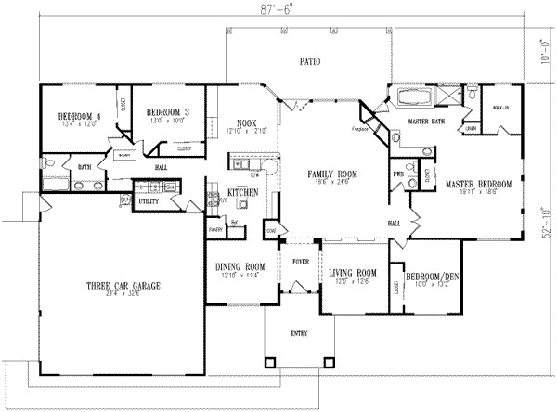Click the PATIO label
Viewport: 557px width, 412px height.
309,63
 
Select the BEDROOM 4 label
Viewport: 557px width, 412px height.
79,116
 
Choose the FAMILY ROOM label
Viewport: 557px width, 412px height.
332,174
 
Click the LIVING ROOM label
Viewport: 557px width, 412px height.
354,272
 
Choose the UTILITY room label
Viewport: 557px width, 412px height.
149,200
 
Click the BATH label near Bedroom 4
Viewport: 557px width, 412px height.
84,167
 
